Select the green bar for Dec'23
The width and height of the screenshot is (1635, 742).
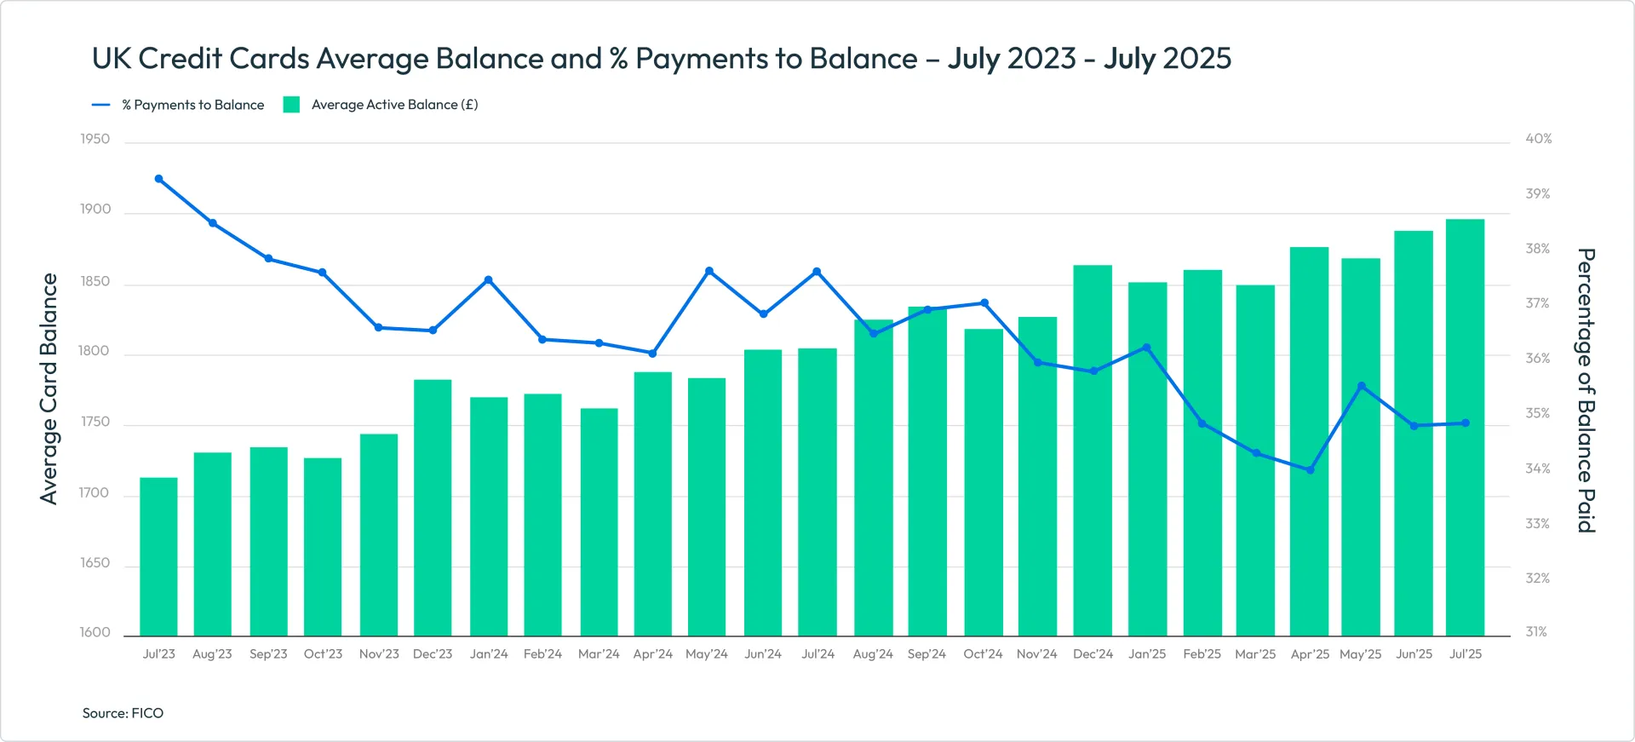[433, 508]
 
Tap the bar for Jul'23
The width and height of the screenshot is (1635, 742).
[158, 557]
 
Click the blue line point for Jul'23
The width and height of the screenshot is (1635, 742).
[158, 179]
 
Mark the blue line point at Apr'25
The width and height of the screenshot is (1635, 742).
[1310, 470]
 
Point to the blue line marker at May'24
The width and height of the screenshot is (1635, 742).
[709, 271]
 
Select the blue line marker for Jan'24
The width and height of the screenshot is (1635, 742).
[488, 279]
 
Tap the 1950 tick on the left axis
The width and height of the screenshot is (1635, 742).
[95, 139]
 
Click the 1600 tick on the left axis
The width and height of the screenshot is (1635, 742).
[95, 632]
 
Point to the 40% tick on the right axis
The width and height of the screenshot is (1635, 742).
[1538, 139]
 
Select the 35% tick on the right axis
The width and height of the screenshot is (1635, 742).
[1537, 413]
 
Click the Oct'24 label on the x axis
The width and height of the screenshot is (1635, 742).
[983, 654]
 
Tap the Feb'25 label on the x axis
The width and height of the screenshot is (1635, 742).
[1202, 654]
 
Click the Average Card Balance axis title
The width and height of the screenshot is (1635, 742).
[49, 388]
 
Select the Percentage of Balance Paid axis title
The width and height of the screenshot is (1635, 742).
[1585, 390]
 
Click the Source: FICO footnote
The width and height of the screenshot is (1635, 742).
[123, 713]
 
